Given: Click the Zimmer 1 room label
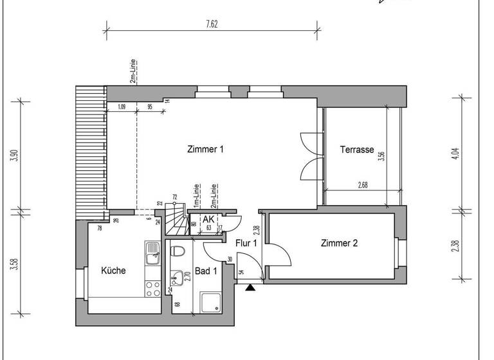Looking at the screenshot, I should tap(205, 149).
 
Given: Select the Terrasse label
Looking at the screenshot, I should tap(357, 149).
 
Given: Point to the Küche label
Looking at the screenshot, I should tap(114, 271).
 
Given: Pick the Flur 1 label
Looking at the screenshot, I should tap(246, 243).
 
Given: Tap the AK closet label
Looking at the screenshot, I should tap(208, 219).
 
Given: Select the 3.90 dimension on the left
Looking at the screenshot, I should tap(14, 156).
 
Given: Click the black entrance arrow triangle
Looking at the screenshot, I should tap(250, 288).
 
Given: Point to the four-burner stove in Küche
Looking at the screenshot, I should tap(152, 289).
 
